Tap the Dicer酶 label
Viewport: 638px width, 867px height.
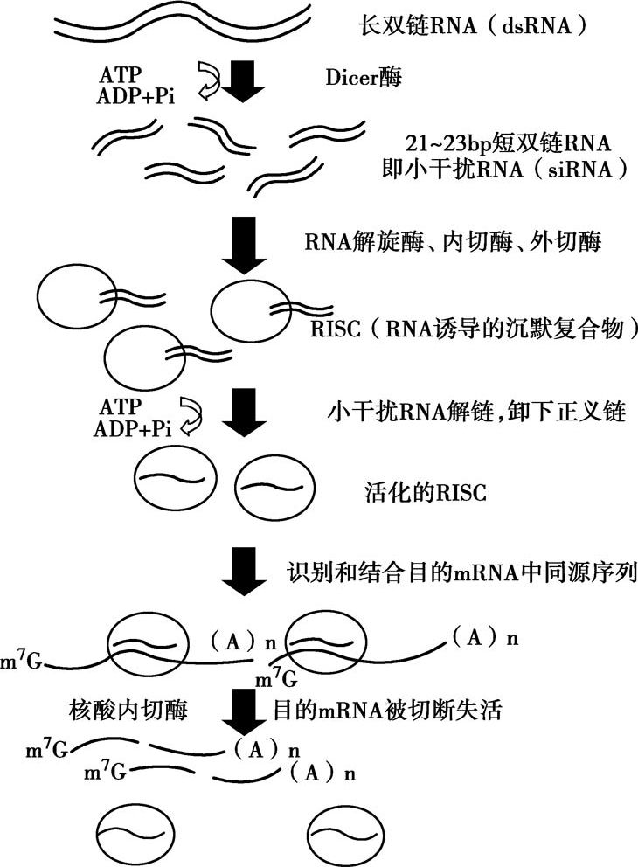364,78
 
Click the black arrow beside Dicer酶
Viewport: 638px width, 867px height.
243,80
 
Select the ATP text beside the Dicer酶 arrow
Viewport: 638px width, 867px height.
120,74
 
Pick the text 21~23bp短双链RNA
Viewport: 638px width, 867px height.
508,143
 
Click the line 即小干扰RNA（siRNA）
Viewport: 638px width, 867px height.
505,169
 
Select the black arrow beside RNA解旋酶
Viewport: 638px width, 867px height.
243,245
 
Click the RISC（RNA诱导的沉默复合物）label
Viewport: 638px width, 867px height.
474,329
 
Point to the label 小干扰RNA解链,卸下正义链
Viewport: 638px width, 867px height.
477,412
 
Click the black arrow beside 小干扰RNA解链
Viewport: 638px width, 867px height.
244,413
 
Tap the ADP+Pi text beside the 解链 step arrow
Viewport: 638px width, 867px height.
132,429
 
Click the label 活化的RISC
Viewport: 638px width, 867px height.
426,492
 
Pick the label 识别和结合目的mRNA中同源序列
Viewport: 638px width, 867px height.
462,572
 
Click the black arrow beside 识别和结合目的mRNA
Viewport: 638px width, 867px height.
244,572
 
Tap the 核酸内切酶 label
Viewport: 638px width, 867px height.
128,710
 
